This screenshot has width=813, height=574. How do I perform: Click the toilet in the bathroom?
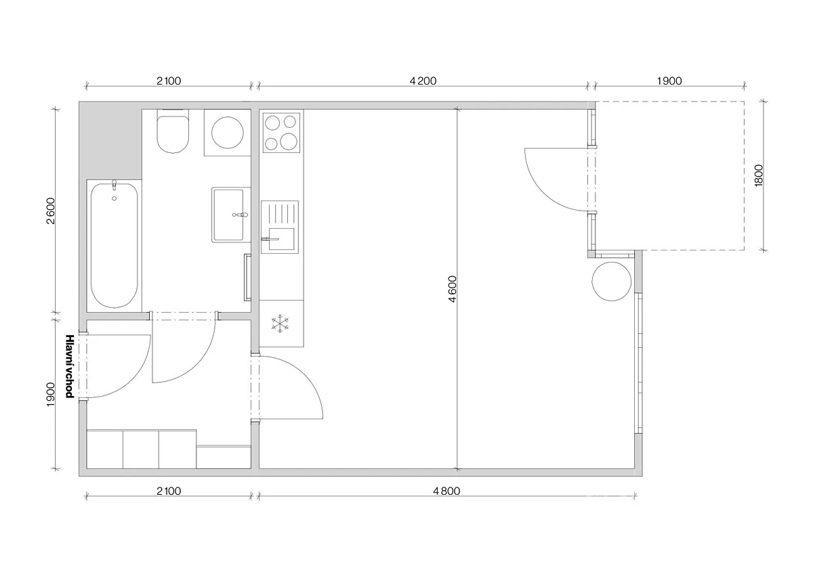click(173, 131)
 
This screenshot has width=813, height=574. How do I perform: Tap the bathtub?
click(114, 246)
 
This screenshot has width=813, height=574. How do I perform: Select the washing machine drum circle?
click(228, 133)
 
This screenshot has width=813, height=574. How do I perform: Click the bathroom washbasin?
click(230, 215)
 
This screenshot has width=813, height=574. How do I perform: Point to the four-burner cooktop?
click(281, 133)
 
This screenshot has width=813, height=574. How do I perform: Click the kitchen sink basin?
click(281, 239)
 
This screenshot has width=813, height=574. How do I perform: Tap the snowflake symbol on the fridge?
click(280, 324)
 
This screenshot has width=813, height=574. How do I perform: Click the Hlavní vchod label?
click(70, 366)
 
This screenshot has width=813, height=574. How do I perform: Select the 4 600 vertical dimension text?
click(453, 289)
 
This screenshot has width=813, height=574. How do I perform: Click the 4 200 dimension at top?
click(423, 81)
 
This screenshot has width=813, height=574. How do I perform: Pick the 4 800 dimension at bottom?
click(446, 491)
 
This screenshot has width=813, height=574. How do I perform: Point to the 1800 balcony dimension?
click(759, 176)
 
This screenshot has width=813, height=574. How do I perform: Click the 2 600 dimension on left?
click(50, 211)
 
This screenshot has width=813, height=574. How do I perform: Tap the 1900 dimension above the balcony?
click(669, 81)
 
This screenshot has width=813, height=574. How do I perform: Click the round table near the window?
click(612, 282)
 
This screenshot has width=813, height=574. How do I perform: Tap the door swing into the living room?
click(306, 374)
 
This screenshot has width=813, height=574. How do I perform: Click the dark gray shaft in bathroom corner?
click(110, 141)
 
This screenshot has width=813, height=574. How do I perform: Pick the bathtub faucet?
click(114, 185)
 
